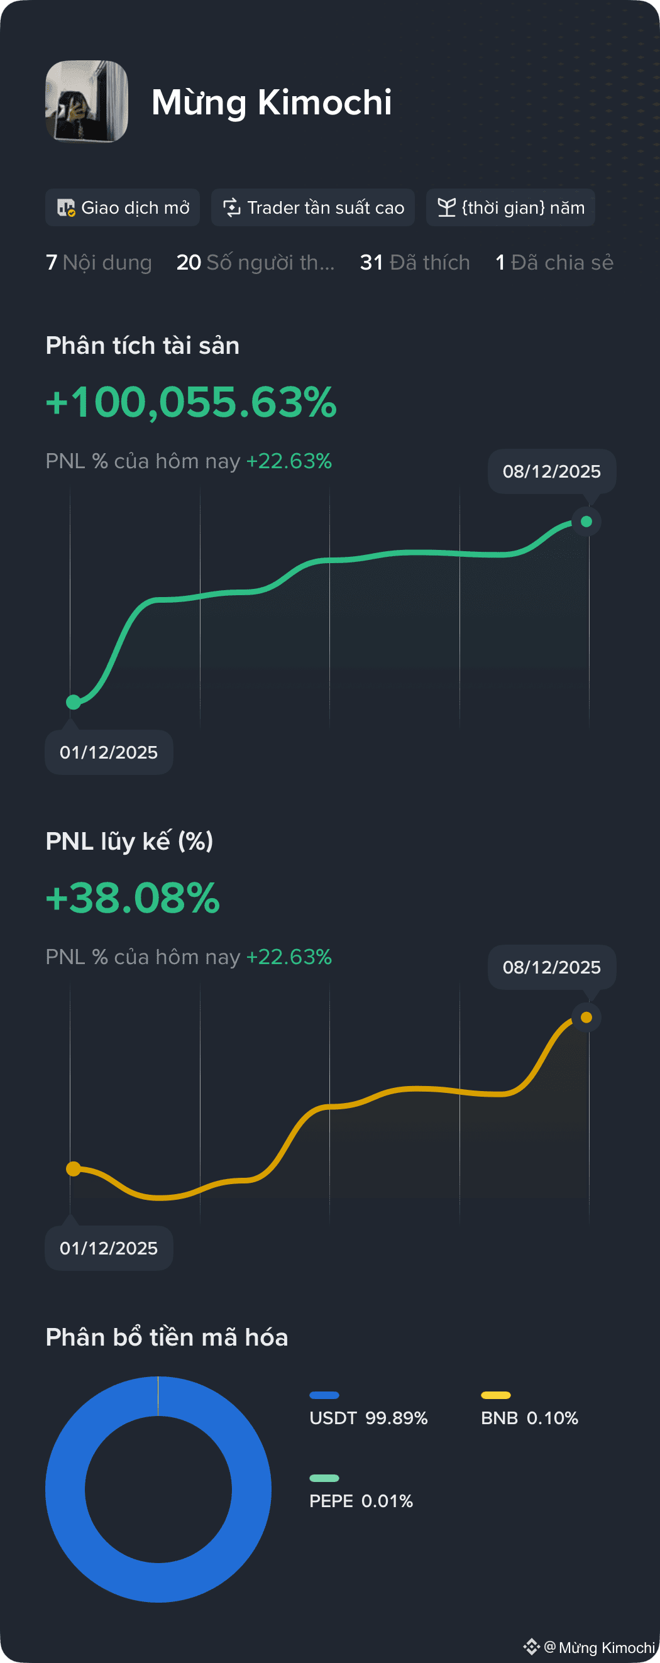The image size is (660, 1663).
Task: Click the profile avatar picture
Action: [x=87, y=101]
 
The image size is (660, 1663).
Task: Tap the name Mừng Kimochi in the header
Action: [x=272, y=102]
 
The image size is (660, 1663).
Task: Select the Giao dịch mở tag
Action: [x=122, y=207]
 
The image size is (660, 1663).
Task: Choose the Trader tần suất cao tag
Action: [x=312, y=207]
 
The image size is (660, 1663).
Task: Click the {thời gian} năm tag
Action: [x=510, y=207]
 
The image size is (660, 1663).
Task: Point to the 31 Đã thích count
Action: [x=415, y=262]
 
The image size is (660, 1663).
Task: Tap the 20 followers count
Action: [x=256, y=262]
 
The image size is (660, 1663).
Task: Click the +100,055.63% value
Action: [x=191, y=402]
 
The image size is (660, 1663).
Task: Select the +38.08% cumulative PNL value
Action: [x=133, y=897]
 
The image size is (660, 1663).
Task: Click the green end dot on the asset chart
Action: [x=586, y=521]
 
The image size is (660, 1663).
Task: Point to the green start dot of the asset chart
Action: [x=74, y=702]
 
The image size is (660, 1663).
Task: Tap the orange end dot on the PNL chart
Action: [x=586, y=1017]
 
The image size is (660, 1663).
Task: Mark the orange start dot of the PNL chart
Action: [x=74, y=1168]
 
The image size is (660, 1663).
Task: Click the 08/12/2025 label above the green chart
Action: [x=551, y=471]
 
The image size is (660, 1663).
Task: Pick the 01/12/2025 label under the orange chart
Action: [x=109, y=1248]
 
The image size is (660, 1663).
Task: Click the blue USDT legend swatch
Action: [x=324, y=1395]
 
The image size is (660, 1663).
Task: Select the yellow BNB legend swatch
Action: [x=496, y=1395]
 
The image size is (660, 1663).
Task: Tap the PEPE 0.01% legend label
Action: [x=361, y=1501]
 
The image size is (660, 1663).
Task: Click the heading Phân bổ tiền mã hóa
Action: [x=167, y=1337]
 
